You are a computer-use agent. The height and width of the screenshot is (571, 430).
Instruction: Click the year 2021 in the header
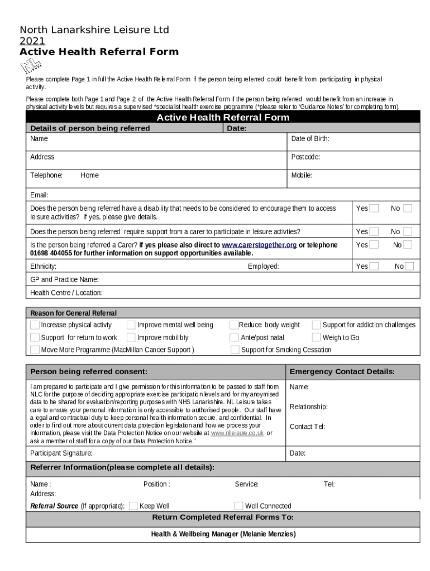(32, 41)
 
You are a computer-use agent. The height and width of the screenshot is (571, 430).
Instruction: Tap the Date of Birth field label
(310, 138)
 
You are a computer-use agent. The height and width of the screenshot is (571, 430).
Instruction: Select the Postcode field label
(305, 157)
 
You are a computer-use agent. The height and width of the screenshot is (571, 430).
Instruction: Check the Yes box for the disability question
(374, 208)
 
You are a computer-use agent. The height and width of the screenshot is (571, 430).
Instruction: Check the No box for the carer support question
(408, 231)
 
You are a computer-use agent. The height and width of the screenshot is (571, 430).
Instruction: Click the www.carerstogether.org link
(259, 245)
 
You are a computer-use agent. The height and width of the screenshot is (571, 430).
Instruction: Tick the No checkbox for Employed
(409, 267)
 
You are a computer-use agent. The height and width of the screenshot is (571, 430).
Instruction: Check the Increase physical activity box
(35, 325)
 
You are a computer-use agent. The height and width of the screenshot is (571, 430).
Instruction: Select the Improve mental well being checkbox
(131, 325)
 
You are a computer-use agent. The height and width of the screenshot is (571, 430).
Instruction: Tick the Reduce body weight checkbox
(234, 325)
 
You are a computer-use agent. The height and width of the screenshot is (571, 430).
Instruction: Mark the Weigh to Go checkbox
(316, 337)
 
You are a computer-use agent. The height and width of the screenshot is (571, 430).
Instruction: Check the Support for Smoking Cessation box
(235, 350)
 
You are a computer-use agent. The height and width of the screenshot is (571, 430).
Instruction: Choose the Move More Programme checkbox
(35, 350)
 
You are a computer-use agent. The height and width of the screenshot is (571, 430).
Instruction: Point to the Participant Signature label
(61, 453)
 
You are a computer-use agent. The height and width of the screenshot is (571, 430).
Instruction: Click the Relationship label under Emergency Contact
(308, 407)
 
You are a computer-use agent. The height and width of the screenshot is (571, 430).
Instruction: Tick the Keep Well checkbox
(133, 506)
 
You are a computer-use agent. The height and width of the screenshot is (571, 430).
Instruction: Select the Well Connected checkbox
(238, 506)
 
